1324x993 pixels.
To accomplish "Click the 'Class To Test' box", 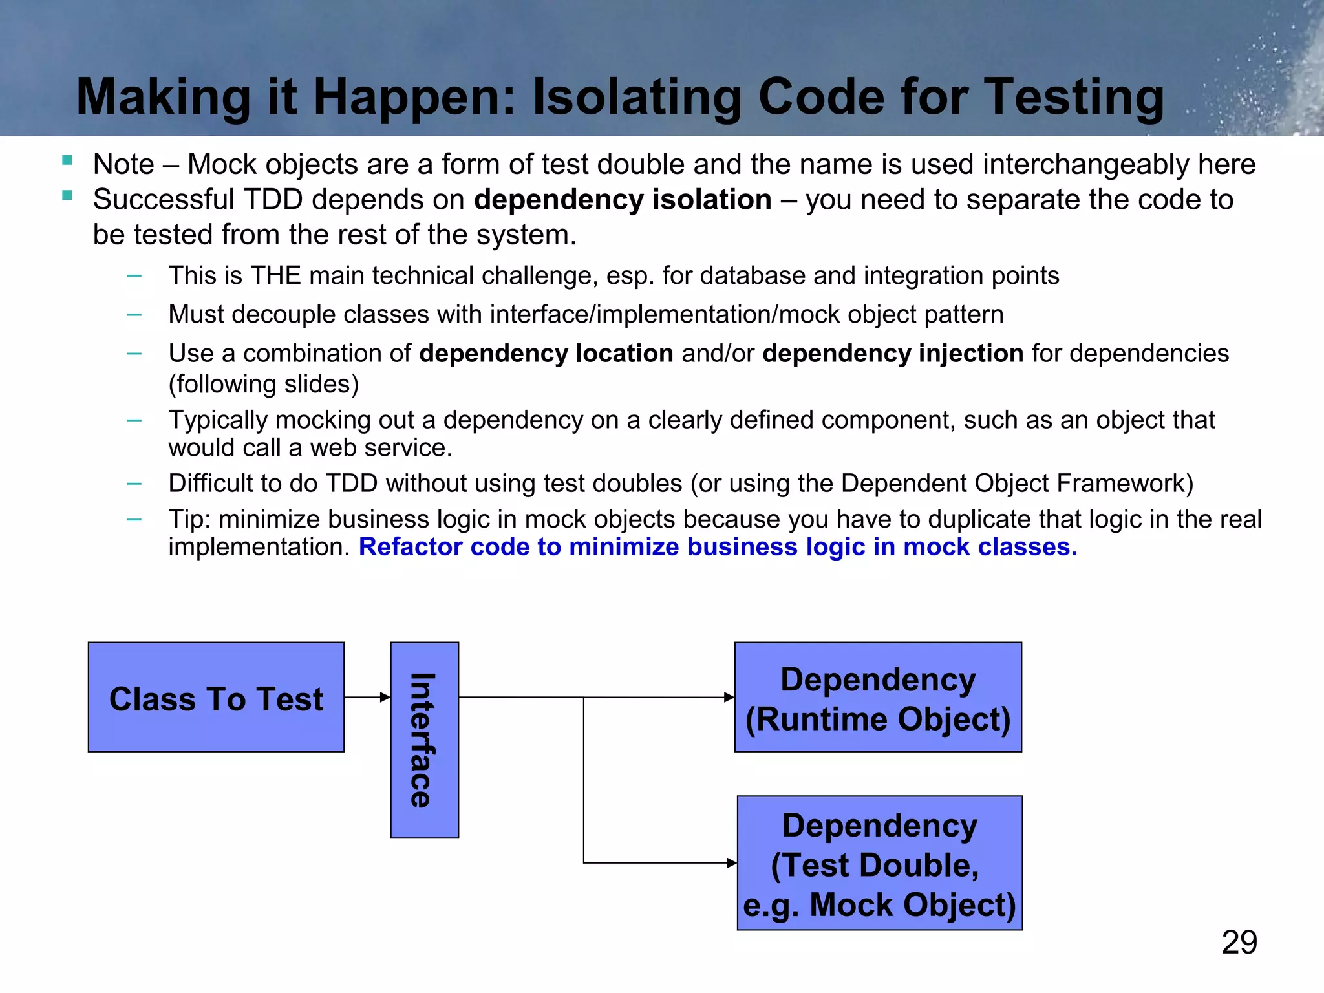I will (216, 697).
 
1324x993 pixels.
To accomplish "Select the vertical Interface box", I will (424, 740).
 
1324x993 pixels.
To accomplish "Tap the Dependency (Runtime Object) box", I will (878, 697).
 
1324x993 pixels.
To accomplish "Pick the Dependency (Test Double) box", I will (879, 863).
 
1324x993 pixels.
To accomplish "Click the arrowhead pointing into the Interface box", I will (385, 697).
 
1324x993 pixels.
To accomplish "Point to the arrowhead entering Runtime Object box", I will (729, 697).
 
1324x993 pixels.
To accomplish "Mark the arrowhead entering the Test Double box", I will (732, 863).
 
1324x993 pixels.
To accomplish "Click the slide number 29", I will (1239, 943).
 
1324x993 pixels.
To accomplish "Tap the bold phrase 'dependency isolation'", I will (623, 200).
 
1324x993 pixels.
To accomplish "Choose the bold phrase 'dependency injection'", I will (893, 354).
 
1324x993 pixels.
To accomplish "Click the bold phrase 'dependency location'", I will (546, 354).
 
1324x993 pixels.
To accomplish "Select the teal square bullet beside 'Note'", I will (67, 160).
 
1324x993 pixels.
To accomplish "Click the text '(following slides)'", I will (263, 384).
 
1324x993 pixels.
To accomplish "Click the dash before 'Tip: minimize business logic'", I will (134, 519).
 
